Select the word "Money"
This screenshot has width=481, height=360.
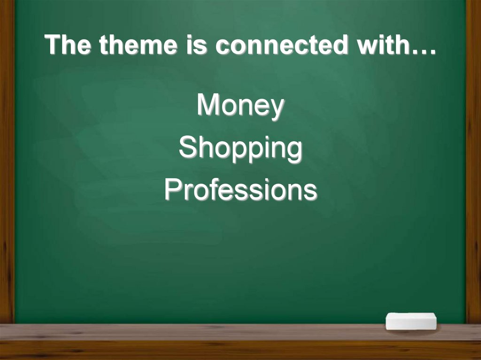(x=240, y=105)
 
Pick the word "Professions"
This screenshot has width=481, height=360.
(x=240, y=191)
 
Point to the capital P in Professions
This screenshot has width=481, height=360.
(x=172, y=190)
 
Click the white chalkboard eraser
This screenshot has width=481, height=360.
(x=411, y=321)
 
